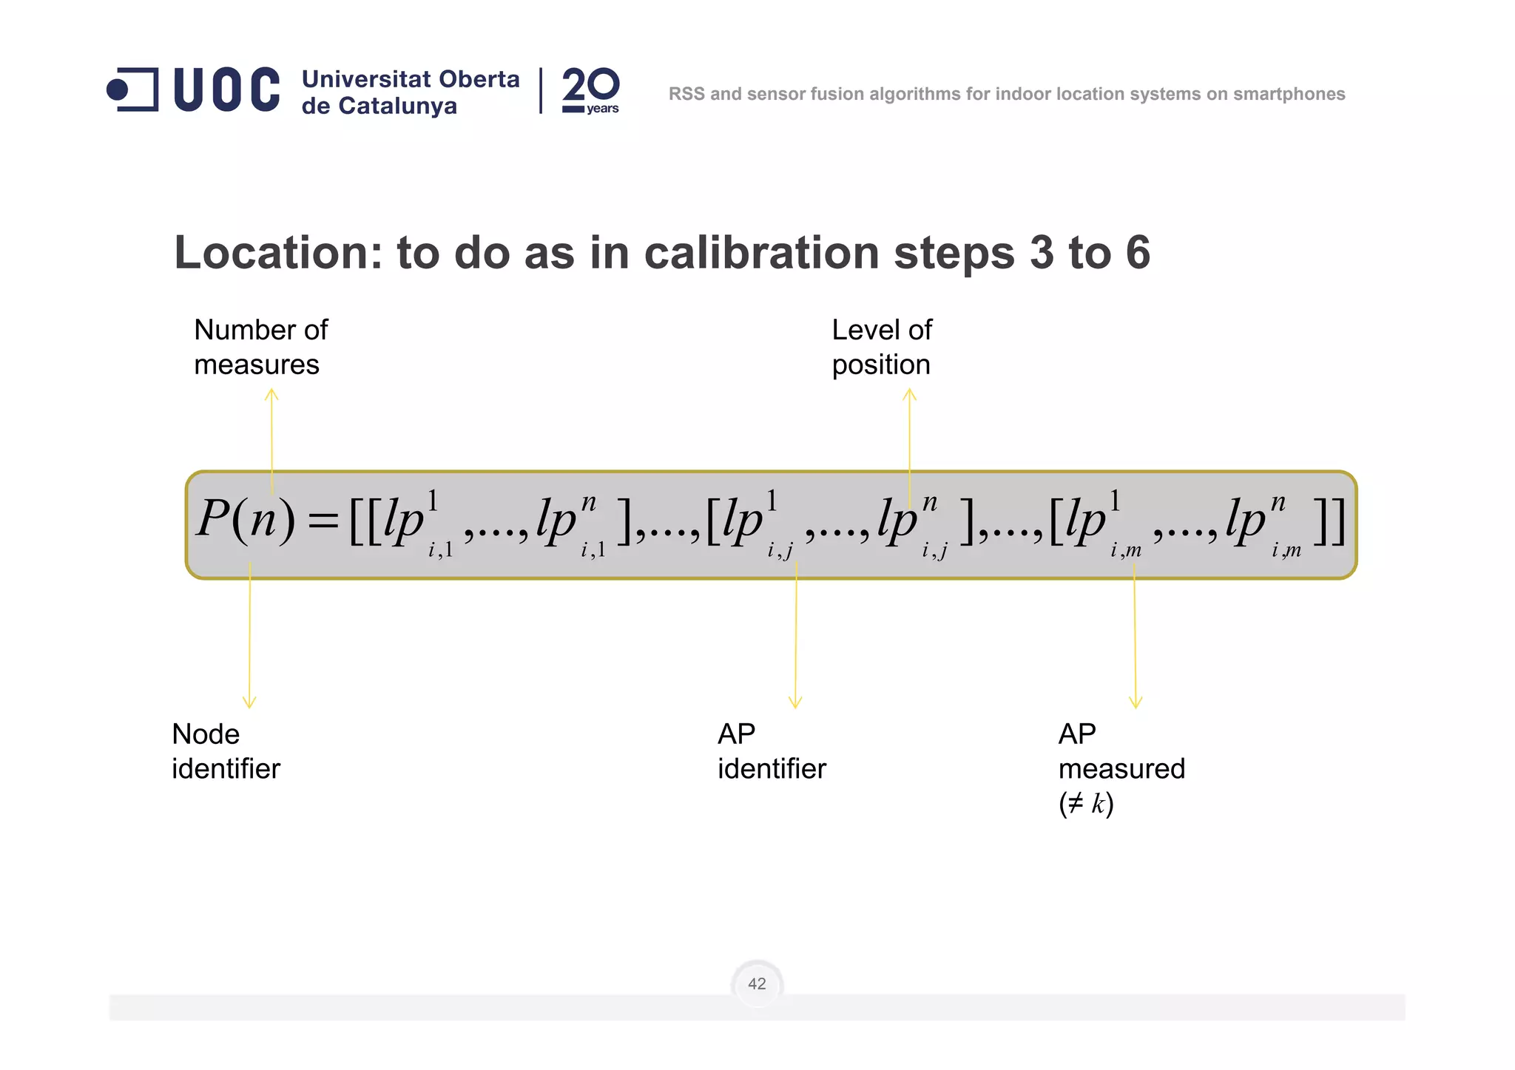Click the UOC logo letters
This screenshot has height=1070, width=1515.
226,90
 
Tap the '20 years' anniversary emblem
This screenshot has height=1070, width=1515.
590,90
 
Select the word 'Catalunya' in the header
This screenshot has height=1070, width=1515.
398,106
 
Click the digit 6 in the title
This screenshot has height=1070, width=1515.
1138,253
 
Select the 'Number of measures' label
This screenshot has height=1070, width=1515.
260,347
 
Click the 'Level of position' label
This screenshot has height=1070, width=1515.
882,347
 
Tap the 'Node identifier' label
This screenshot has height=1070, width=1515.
226,751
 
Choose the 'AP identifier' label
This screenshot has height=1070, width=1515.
772,751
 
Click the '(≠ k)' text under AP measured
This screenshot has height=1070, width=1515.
1086,804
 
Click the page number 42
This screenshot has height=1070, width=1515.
757,983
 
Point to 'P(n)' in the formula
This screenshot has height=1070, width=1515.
246,519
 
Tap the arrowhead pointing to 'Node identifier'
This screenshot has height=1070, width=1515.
249,702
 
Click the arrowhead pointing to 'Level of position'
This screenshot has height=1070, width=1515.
910,394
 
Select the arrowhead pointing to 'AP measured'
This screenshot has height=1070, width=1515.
1136,702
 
